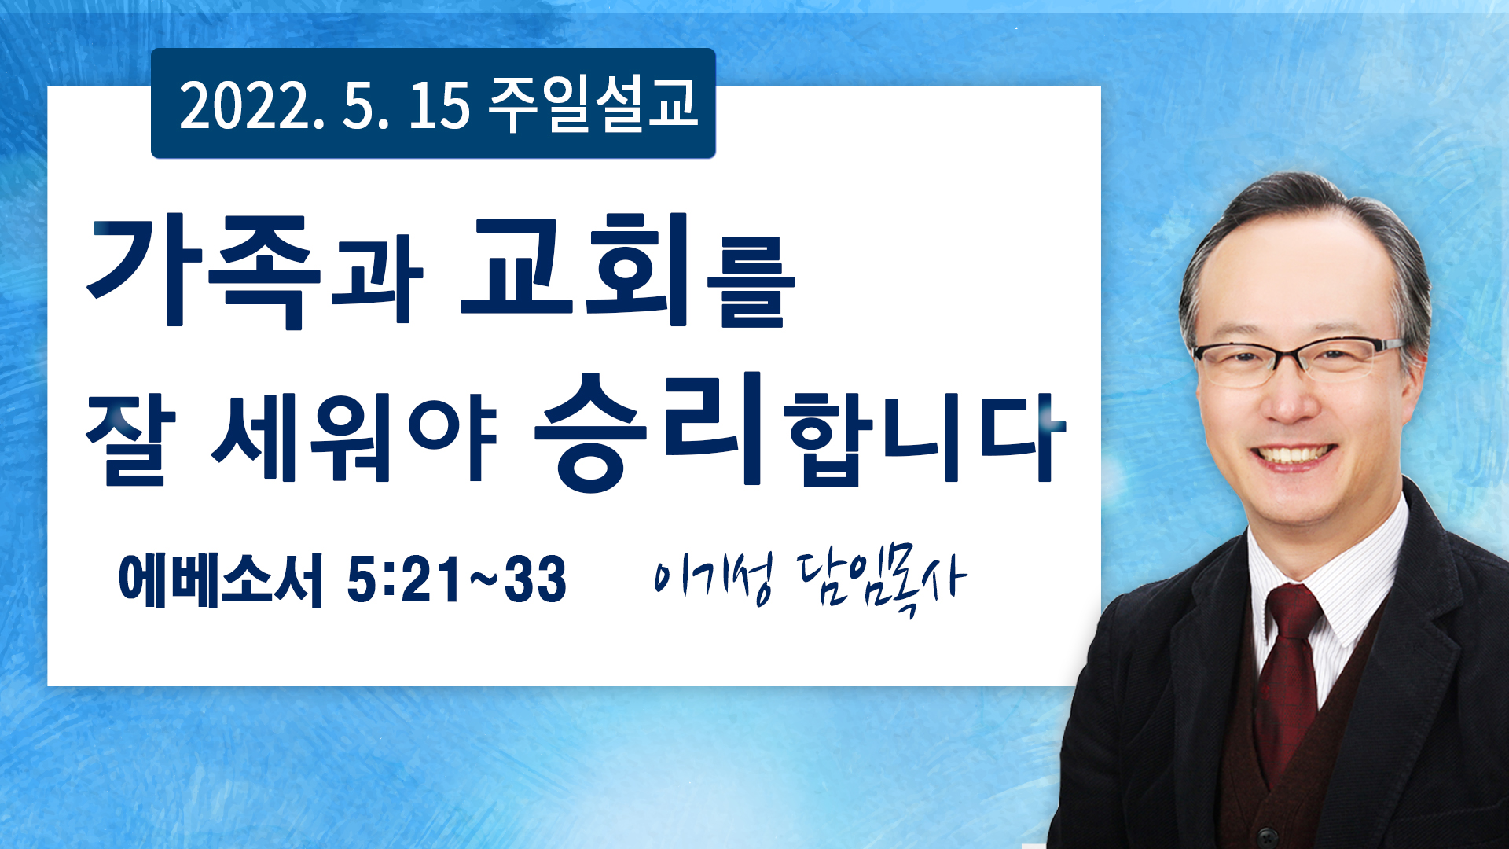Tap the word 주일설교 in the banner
(x=593, y=104)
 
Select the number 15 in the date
(x=439, y=105)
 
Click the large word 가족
(x=205, y=271)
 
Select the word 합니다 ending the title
(x=926, y=437)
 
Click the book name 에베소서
(x=220, y=579)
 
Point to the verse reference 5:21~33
(x=457, y=579)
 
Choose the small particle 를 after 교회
(x=751, y=283)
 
